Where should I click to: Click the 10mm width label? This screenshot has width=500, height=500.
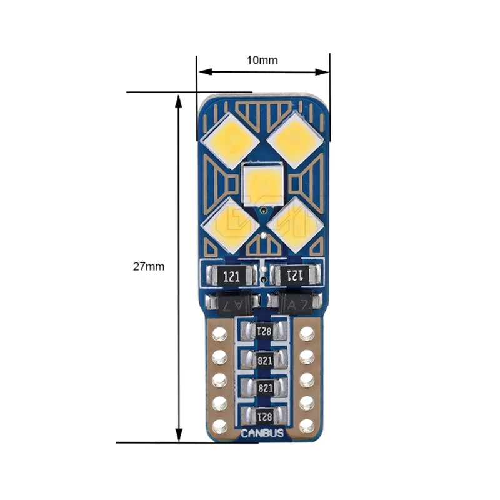point(262,60)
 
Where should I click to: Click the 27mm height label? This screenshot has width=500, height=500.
point(149,266)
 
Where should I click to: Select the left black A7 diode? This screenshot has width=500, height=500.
point(232,304)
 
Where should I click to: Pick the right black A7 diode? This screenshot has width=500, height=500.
point(294,304)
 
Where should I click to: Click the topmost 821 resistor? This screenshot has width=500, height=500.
point(263,331)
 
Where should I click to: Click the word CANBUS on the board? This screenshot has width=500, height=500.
point(263,432)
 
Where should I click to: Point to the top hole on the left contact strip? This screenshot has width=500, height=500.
point(219,334)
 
